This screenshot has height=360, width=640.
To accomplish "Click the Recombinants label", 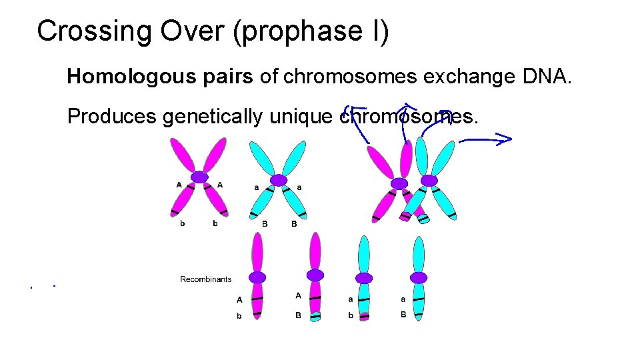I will pyautogui.click(x=206, y=279).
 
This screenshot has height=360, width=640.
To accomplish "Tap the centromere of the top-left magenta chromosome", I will pyautogui.click(x=199, y=177).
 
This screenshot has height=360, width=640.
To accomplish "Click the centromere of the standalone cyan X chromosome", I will pyautogui.click(x=279, y=180).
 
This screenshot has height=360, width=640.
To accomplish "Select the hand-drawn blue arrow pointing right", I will pyautogui.click(x=485, y=139).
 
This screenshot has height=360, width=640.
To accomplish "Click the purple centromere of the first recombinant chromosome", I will pyautogui.click(x=257, y=277).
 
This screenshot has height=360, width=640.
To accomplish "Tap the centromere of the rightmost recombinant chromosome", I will pyautogui.click(x=419, y=277).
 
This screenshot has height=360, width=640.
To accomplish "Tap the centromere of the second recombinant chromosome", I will pyautogui.click(x=315, y=275).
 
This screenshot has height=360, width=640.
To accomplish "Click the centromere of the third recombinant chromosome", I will pyautogui.click(x=364, y=278).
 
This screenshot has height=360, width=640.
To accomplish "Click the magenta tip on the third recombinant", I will pyautogui.click(x=364, y=316).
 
